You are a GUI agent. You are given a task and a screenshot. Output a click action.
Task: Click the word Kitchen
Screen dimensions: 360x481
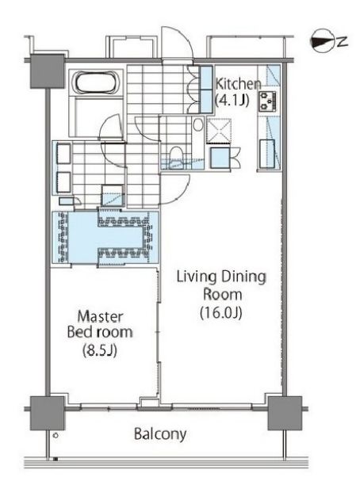click(x=238, y=84)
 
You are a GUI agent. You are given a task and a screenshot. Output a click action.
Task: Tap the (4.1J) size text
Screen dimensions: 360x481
click(x=232, y=100)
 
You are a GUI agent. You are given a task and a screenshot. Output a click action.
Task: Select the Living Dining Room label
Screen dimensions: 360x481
click(x=221, y=285)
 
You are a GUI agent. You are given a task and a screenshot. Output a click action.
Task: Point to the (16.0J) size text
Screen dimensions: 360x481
click(x=221, y=312)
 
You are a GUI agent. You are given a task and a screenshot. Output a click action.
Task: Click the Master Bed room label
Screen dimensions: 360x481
click(x=100, y=324)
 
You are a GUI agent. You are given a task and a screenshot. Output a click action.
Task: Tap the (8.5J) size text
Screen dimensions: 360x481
click(x=100, y=350)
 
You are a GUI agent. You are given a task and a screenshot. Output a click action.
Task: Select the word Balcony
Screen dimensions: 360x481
click(x=160, y=434)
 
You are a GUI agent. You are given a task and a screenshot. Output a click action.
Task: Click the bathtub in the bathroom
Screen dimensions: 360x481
click(x=96, y=82)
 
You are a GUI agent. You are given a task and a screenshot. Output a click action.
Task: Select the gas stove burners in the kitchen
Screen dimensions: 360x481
click(x=268, y=101)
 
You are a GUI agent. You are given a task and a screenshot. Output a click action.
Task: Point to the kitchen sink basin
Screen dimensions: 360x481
click(x=267, y=154)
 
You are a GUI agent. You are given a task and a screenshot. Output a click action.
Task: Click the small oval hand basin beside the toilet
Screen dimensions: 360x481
click(x=198, y=124)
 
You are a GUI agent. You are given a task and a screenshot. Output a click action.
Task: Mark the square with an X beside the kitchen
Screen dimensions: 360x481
click(x=219, y=132)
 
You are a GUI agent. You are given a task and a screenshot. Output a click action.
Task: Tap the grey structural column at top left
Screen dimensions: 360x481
click(x=48, y=71)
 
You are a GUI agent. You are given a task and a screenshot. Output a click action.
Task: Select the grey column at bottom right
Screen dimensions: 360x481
click(x=285, y=413)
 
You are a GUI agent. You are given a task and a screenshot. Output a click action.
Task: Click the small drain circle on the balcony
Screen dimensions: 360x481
click(x=56, y=435)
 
